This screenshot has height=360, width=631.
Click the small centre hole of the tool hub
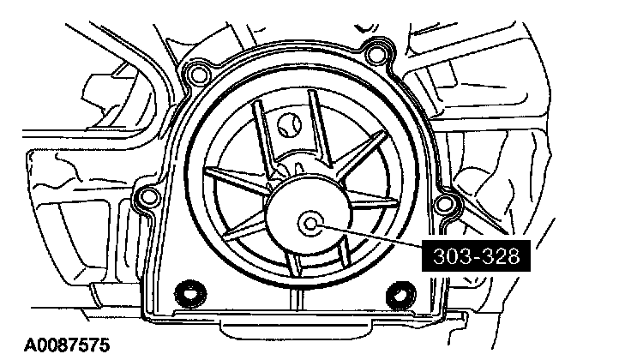coord(308,224)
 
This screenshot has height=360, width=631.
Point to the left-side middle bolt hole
coord(149,199)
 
